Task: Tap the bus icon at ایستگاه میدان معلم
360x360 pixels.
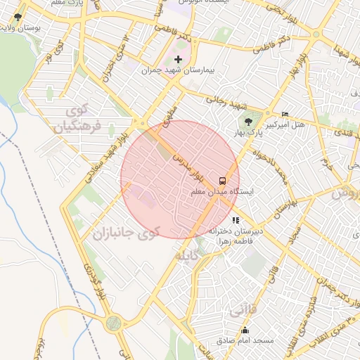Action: [222, 179]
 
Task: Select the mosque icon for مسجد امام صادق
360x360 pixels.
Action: [245, 330]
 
